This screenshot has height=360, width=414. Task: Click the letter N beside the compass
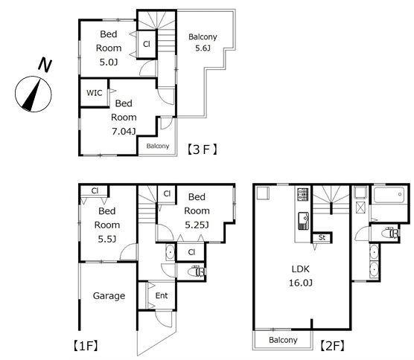tap(45, 65)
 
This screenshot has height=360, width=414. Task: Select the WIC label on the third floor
tap(95, 93)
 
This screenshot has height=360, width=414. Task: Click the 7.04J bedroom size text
tap(124, 131)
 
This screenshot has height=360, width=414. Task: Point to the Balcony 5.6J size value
tap(203, 48)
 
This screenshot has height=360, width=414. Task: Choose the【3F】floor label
tap(203, 150)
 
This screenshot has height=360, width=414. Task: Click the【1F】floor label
tap(86, 345)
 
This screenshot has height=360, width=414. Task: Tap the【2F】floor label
tap(332, 346)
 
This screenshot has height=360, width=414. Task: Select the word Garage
tap(109, 296)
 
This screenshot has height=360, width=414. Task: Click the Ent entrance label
tap(162, 295)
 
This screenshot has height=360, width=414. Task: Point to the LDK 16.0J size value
tap(301, 283)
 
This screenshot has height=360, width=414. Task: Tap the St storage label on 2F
tap(322, 237)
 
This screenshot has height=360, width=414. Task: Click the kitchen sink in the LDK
tap(304, 220)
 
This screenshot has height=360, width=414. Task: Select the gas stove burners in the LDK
tap(303, 194)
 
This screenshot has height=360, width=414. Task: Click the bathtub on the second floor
tap(389, 195)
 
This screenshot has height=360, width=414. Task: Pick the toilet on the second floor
tap(390, 233)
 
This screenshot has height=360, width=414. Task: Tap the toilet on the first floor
tap(197, 271)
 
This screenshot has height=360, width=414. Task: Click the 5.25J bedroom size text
tap(197, 225)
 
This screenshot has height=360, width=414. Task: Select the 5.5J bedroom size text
tap(107, 240)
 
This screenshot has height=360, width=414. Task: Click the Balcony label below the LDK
tap(283, 340)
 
